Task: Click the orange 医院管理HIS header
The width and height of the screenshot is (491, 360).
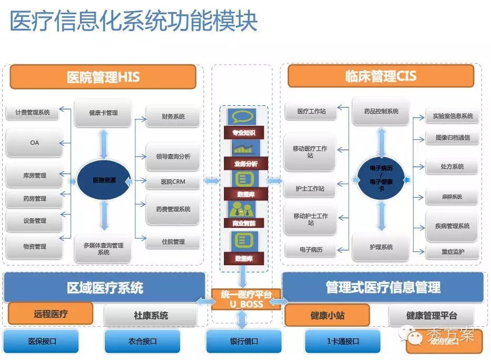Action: coord(103,77)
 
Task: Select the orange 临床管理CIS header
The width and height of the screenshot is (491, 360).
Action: coord(380,76)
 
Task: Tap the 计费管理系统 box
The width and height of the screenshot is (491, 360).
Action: coord(33,112)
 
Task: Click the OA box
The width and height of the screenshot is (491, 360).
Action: coord(34,143)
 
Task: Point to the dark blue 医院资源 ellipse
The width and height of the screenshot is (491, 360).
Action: coord(104,180)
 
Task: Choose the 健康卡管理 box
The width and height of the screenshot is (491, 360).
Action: coord(103,113)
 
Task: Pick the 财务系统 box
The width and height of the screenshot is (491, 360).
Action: coord(173,116)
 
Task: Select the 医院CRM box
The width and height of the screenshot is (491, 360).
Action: coord(173,182)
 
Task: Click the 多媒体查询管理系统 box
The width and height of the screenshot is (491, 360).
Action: coord(103,248)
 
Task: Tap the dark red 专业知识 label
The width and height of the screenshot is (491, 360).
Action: coord(244,133)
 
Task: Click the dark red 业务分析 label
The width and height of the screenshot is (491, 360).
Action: coord(246,164)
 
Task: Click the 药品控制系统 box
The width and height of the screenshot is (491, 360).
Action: coord(381,112)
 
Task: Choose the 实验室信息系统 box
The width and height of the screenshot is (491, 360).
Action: coord(453,116)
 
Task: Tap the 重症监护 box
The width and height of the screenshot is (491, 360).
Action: coord(453,252)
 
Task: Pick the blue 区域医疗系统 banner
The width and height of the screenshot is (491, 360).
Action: coord(104,287)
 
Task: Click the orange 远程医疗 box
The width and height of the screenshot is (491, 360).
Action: coord(51,314)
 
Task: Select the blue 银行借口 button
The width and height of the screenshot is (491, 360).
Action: coord(244,341)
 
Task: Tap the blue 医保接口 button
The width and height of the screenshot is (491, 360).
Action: coord(42,341)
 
